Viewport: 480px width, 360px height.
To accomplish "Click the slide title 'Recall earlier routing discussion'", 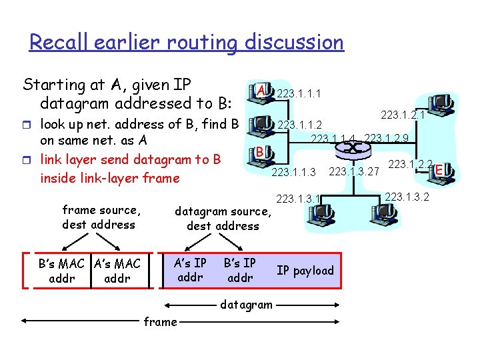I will click(x=187, y=43).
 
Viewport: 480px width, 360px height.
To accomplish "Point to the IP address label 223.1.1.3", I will click(x=294, y=173).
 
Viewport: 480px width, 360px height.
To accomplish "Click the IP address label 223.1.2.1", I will click(x=403, y=116).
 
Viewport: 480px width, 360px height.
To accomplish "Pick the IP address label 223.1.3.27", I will click(x=354, y=173).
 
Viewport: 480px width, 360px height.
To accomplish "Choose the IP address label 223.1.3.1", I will click(x=299, y=198).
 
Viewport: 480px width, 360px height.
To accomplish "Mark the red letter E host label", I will click(x=439, y=171).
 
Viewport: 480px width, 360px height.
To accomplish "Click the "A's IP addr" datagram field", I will click(x=190, y=269).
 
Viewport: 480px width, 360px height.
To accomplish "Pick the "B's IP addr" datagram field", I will click(x=240, y=269).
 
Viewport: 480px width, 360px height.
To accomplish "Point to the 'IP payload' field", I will click(x=305, y=270).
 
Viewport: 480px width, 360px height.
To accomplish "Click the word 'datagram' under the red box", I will click(x=246, y=305).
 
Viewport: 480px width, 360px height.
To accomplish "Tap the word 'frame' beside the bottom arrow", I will click(x=161, y=321).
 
